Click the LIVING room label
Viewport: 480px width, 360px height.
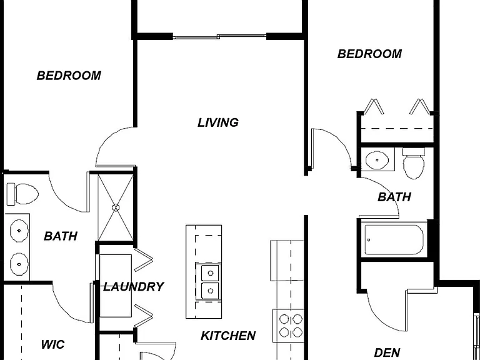point(218,122)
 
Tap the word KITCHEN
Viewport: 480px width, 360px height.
point(228,336)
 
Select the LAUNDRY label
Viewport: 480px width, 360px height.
point(134,287)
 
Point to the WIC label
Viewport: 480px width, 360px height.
point(52,344)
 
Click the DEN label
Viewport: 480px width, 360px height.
point(387,352)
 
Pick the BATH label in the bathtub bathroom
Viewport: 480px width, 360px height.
point(394,197)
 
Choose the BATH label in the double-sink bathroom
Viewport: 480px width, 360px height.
point(61,236)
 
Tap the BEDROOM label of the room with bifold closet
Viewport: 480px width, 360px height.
point(369,54)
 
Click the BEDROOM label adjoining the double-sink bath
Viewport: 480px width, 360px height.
point(69,76)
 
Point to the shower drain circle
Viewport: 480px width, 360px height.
point(116,207)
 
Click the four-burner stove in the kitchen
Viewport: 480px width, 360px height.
point(288,326)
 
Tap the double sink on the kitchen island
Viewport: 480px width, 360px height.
point(208,282)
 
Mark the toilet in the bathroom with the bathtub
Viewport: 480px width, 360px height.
point(414,164)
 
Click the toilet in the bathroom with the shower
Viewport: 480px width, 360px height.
point(22,194)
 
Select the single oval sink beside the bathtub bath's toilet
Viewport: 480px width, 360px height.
point(377,160)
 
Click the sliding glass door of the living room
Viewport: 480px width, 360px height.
point(220,37)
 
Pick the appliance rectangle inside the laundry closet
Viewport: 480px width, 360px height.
point(116,286)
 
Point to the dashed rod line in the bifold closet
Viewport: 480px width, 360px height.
point(397,129)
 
